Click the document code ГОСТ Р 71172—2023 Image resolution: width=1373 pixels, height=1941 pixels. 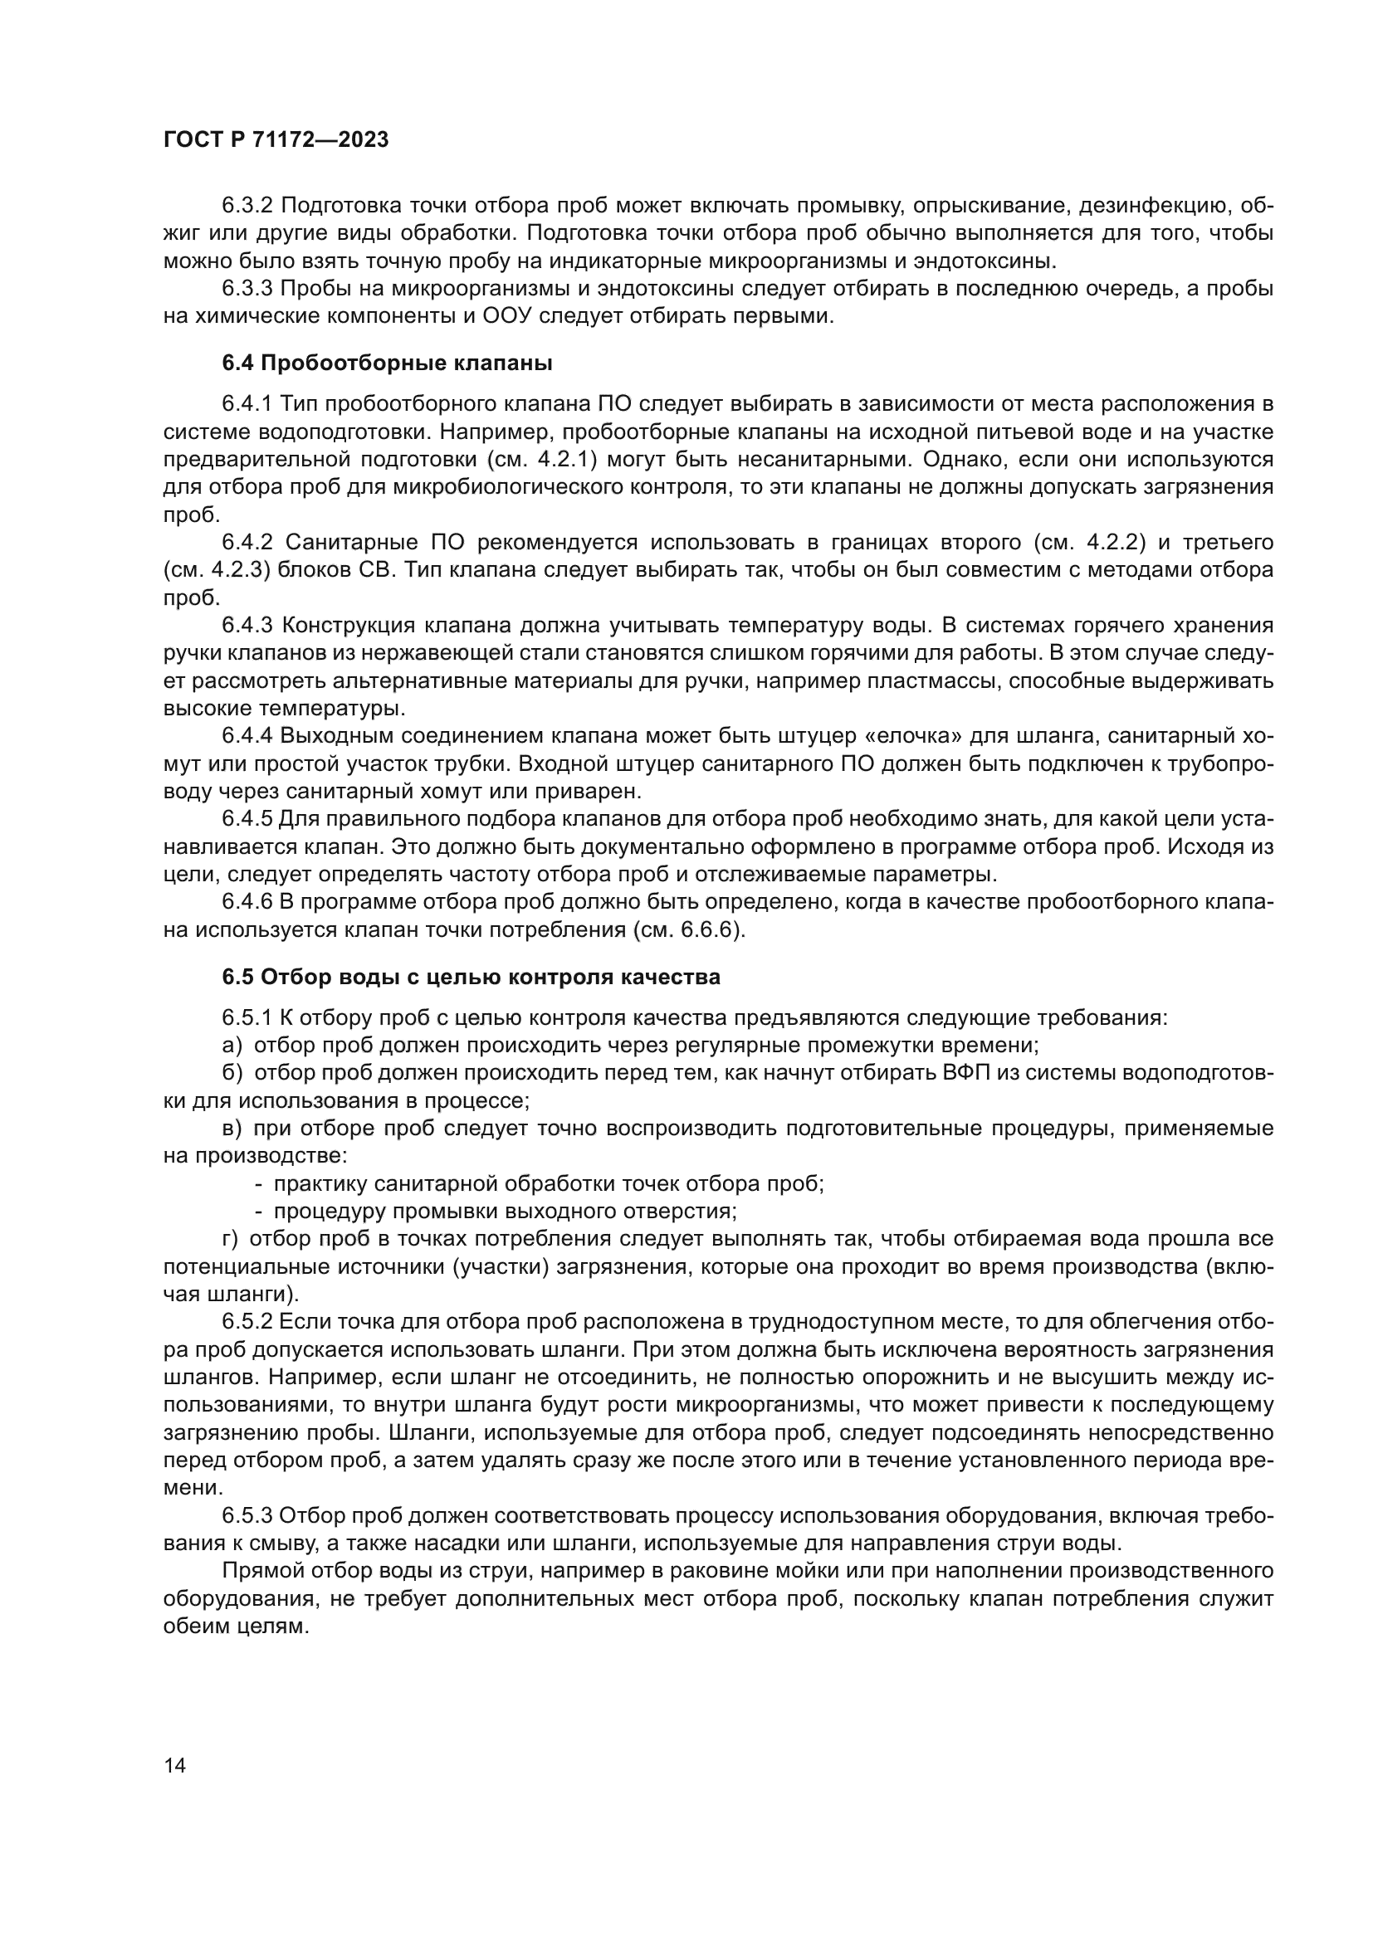point(276,140)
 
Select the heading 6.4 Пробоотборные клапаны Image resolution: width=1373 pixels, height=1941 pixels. point(387,363)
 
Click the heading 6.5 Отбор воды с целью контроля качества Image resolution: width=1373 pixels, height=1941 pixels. point(471,978)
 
